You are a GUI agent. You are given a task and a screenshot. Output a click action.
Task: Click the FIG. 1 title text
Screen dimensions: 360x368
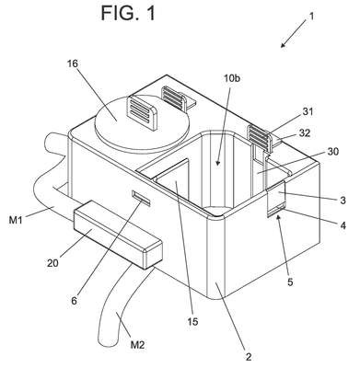128,14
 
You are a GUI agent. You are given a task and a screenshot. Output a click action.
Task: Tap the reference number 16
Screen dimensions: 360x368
73,63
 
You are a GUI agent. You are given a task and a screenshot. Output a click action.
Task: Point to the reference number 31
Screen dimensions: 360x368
308,111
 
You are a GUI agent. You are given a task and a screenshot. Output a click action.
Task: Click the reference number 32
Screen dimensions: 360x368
304,133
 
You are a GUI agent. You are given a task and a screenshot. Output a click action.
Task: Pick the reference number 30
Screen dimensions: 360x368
332,152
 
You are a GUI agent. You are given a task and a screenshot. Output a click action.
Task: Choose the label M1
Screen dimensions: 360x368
16,219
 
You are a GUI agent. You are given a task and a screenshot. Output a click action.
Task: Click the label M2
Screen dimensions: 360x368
137,345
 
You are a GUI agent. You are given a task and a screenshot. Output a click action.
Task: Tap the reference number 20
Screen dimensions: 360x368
52,263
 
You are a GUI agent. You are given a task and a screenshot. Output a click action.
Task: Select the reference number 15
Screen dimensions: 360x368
192,321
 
